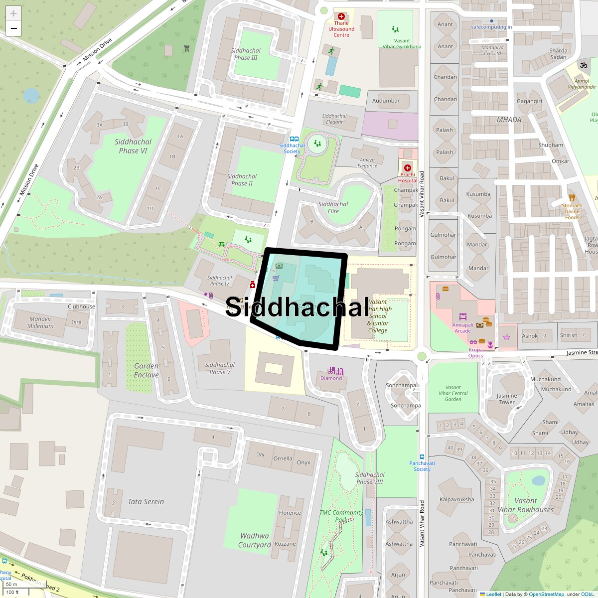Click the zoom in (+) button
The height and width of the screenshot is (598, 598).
13,13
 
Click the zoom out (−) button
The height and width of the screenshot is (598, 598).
13,28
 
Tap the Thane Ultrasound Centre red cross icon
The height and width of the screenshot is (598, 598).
341,16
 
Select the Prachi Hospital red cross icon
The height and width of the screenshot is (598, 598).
408,168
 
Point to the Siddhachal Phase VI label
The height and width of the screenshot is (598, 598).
133,146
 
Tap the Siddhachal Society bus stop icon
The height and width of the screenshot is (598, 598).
295,140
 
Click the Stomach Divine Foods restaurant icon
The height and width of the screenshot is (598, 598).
572,197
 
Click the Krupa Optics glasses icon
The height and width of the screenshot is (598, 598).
473,342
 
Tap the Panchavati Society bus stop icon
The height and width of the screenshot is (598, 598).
422,456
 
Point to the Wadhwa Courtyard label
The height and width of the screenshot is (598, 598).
254,540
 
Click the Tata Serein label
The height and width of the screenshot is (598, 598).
146,502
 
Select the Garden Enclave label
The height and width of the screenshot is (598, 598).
146,370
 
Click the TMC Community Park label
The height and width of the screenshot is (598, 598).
341,516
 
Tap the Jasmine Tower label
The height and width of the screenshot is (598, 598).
506,399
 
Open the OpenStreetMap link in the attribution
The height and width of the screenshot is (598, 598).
546,594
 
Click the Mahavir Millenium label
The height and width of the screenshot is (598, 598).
40,322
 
